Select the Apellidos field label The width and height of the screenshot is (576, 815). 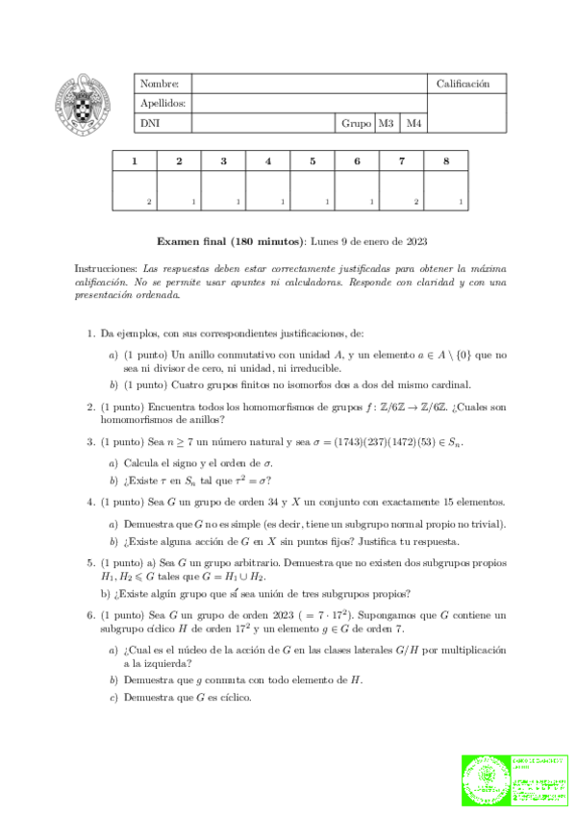pos(163,104)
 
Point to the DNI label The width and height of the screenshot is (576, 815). pos(151,123)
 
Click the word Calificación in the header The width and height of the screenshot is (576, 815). pos(463,85)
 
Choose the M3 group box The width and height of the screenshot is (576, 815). pos(386,123)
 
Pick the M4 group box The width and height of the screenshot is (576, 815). pos(413,123)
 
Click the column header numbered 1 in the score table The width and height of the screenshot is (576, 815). pos(134,161)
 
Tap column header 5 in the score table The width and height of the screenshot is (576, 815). pos(313,161)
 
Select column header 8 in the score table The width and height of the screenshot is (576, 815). pos(446,161)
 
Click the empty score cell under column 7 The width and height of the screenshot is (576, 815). pos(401,189)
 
